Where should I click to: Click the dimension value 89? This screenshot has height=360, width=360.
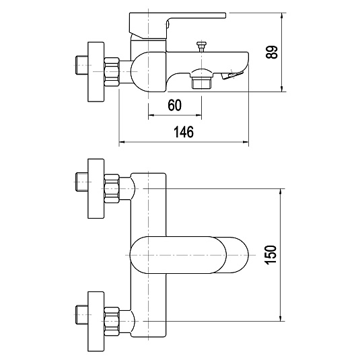272,52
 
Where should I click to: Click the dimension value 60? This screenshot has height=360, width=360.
175,106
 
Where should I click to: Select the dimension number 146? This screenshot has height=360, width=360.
184,132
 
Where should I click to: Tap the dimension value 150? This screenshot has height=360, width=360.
271,255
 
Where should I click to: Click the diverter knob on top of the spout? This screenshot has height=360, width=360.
201,46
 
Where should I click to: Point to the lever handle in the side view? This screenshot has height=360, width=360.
177,26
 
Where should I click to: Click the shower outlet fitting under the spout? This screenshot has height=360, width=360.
201,79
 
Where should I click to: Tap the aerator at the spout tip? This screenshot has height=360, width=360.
232,75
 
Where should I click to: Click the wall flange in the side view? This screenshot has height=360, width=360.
96,71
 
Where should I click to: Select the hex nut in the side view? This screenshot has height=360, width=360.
112,72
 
